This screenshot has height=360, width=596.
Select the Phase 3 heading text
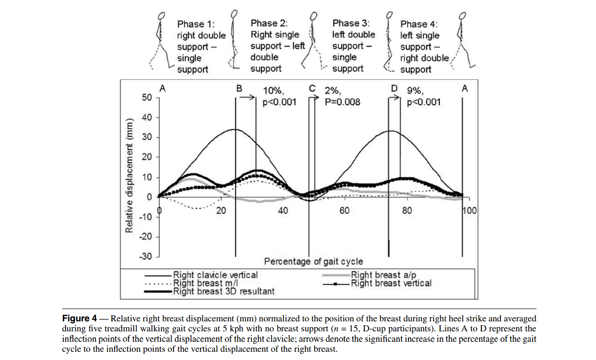(351, 23)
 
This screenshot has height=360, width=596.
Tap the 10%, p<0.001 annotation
(280, 97)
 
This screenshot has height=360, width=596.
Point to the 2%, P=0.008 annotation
(342, 97)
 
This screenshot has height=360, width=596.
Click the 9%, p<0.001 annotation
(423, 97)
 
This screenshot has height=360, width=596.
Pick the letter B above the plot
(239, 89)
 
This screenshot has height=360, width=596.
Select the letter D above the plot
(394, 89)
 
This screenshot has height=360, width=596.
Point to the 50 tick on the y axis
(147, 98)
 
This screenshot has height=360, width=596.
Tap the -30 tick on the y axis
(146, 257)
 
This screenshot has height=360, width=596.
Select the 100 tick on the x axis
(470, 211)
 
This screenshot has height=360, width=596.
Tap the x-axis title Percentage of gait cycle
(313, 261)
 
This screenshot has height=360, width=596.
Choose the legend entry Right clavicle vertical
(215, 275)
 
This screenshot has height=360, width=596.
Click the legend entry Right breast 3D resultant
(224, 291)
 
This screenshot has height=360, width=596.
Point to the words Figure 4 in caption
(80, 318)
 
